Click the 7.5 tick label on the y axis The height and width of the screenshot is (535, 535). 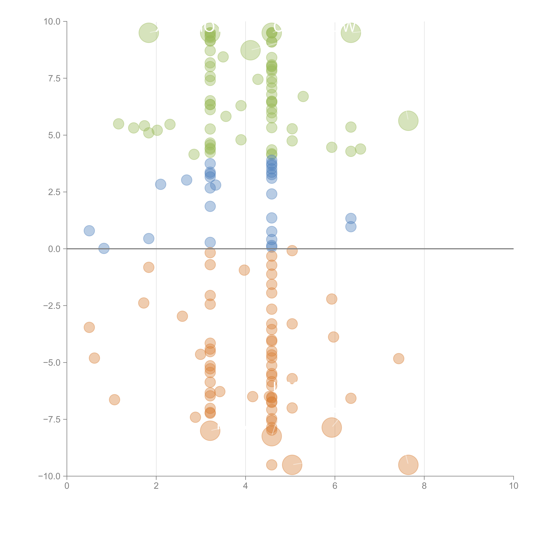(54, 78)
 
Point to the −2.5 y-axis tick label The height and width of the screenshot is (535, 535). (51, 306)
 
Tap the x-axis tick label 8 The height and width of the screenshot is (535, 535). (424, 486)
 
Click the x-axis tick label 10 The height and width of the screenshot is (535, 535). (513, 486)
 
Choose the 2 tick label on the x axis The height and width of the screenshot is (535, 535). (156, 486)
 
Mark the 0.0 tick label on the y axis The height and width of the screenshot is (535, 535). (54, 249)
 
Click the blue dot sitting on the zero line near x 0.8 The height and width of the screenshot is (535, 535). (104, 248)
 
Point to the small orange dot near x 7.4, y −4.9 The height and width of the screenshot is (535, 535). (398, 359)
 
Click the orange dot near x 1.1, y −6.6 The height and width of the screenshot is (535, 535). (114, 400)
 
